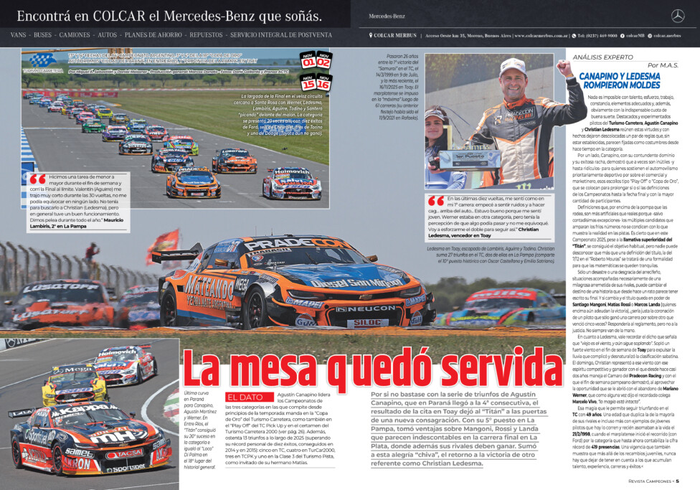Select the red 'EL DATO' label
(245, 396)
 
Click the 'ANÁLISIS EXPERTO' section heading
(597, 57)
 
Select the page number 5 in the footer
(687, 481)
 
